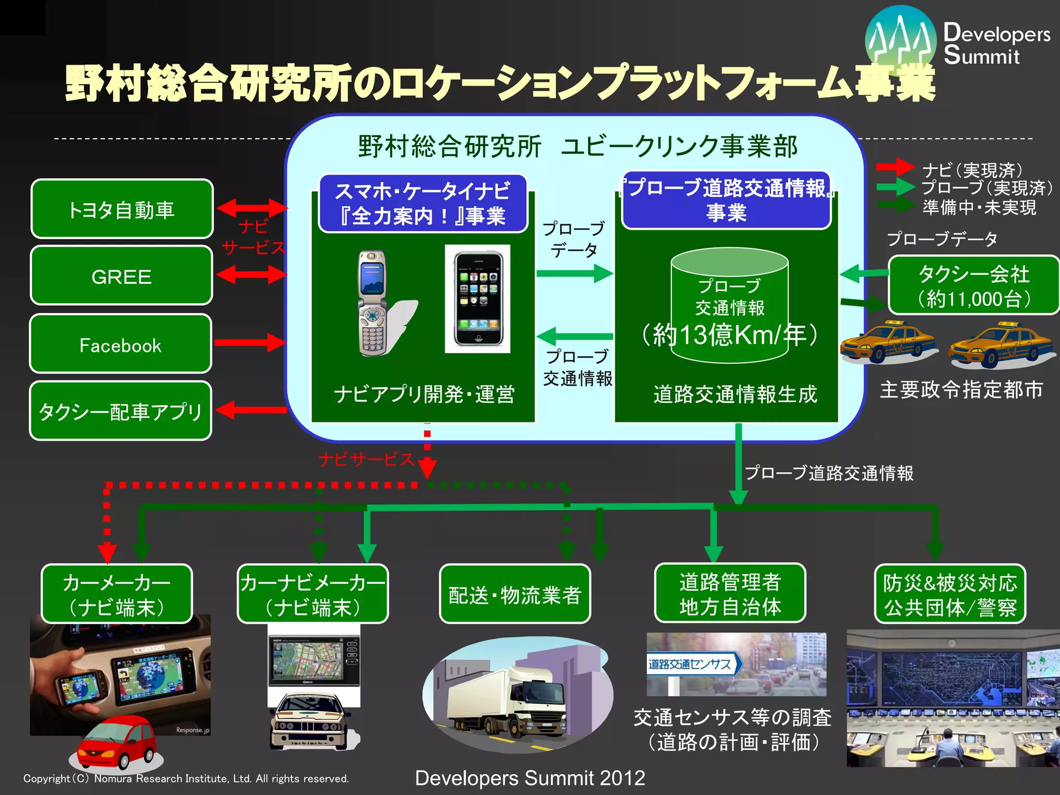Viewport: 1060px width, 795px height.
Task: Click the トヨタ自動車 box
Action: pyautogui.click(x=122, y=209)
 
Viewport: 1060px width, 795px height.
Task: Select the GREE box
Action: pyautogui.click(x=122, y=276)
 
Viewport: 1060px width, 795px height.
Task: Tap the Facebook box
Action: pyautogui.click(x=121, y=344)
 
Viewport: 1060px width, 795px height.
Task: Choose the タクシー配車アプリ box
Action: pyautogui.click(x=121, y=411)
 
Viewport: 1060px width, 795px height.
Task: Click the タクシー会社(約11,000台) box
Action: pyautogui.click(x=974, y=285)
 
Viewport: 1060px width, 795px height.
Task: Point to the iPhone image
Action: pyautogui.click(x=477, y=299)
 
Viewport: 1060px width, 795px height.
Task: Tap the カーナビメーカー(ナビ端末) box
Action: pyautogui.click(x=313, y=594)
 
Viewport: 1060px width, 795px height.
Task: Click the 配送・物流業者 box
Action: pyautogui.click(x=514, y=594)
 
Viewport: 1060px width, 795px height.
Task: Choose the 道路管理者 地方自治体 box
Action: pyautogui.click(x=730, y=594)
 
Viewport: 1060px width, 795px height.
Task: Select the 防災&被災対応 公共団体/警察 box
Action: pyautogui.click(x=950, y=594)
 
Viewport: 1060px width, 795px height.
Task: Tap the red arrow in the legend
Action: pyautogui.click(x=895, y=167)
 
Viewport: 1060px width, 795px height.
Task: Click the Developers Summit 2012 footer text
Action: pyautogui.click(x=530, y=778)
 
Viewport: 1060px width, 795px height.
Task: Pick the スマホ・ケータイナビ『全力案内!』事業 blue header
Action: pyautogui.click(x=423, y=203)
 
